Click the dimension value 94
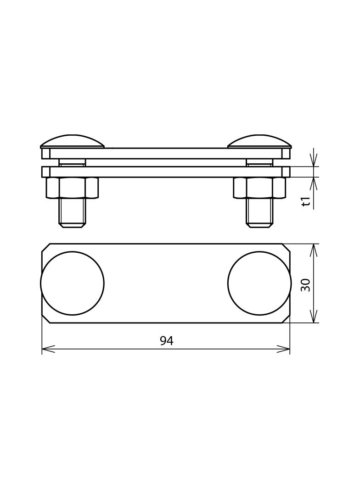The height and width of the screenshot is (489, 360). coord(166,341)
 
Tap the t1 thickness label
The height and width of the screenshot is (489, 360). coord(307,201)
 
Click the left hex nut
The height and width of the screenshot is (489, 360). coord(72,188)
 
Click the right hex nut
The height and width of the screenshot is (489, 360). coord(260,188)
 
